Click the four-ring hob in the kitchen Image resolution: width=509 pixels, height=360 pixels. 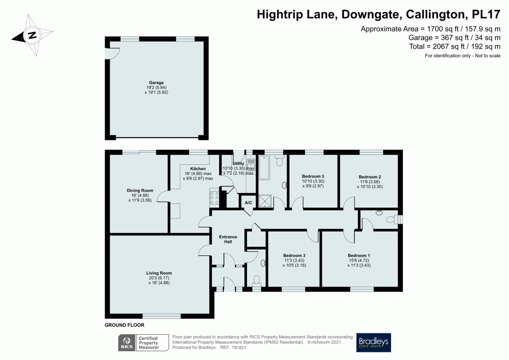(x=215, y=198)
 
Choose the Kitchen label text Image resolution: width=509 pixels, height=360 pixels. (x=198, y=169)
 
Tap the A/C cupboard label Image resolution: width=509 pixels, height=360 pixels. (x=248, y=203)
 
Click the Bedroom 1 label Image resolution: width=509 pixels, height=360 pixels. (x=359, y=255)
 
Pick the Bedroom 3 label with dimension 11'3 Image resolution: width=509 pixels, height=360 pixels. (x=294, y=255)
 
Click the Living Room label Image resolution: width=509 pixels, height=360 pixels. (x=159, y=273)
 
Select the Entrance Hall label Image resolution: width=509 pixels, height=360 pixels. (x=228, y=239)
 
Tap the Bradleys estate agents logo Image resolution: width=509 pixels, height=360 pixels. (x=373, y=342)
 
